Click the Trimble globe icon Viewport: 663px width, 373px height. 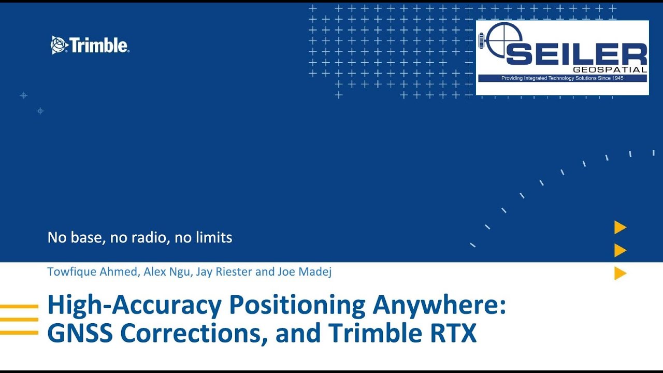pyautogui.click(x=59, y=45)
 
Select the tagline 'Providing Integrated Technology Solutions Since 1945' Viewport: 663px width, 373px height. pyautogui.click(x=562, y=78)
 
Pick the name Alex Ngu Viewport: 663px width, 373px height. pyautogui.click(x=167, y=271)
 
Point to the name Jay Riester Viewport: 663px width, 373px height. pyautogui.click(x=224, y=271)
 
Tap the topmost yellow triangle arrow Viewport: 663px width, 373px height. pyautogui.click(x=620, y=227)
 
